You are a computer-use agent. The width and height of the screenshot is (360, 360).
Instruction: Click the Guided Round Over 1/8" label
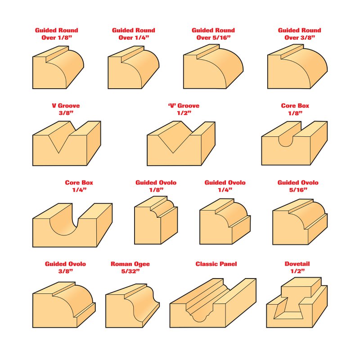point(57,34)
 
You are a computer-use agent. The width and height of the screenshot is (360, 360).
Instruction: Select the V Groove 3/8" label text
point(66,109)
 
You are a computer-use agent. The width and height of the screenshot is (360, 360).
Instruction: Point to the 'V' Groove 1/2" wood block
point(181,143)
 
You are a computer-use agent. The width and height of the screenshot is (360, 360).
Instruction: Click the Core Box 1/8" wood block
point(294,143)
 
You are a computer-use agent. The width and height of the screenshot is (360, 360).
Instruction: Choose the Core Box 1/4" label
point(79,186)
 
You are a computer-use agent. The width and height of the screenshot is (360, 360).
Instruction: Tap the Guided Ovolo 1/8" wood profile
point(156,220)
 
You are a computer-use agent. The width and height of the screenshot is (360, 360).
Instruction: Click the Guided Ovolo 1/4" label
point(225,186)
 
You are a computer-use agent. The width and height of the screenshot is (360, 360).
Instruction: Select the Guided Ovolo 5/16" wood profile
point(300,222)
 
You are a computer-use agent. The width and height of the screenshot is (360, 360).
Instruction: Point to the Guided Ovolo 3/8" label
point(65,267)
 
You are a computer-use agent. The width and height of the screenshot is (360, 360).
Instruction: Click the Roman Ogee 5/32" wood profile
point(132,306)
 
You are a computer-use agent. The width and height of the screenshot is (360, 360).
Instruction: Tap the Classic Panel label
point(216,264)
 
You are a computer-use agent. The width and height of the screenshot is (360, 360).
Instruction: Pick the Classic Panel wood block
point(213,303)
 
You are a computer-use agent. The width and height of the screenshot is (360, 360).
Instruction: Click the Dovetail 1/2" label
point(297,267)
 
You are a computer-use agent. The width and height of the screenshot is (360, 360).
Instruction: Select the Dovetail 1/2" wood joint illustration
point(297,302)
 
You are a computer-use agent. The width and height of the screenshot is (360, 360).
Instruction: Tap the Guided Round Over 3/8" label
point(299,34)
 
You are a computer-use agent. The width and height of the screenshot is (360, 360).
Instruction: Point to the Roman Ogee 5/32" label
point(130,267)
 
